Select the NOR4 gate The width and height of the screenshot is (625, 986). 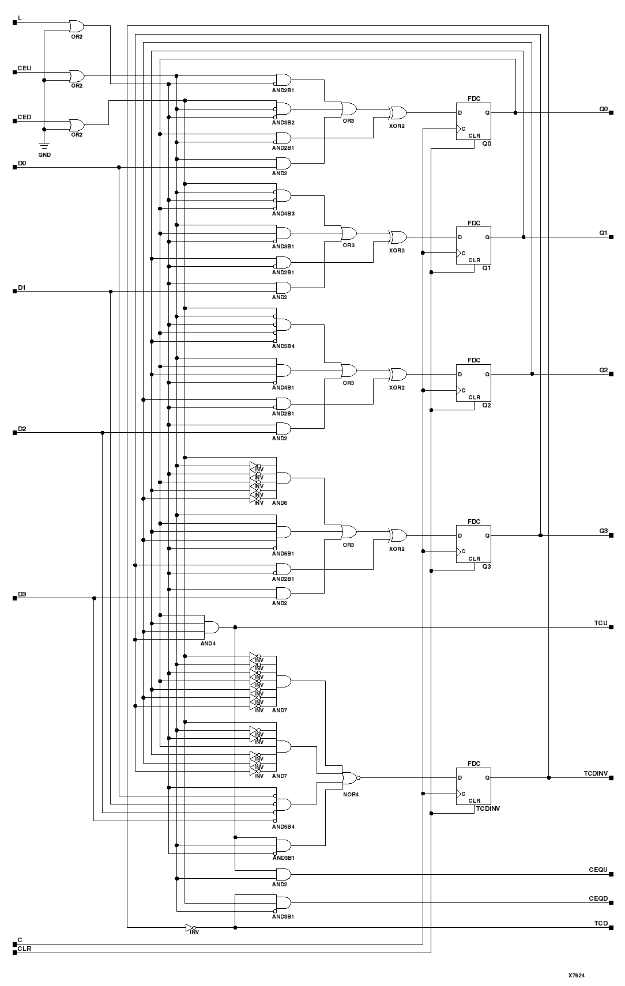pyautogui.click(x=349, y=777)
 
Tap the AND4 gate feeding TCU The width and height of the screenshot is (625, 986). pyautogui.click(x=211, y=626)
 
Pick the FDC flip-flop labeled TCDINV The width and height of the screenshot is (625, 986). pyautogui.click(x=473, y=786)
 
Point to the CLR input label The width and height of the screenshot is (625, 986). pyautogui.click(x=24, y=948)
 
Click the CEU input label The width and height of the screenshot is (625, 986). pyautogui.click(x=24, y=68)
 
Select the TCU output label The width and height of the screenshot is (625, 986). pyautogui.click(x=601, y=623)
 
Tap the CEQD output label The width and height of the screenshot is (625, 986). pyautogui.click(x=598, y=898)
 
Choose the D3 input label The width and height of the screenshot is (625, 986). pyautogui.click(x=22, y=594)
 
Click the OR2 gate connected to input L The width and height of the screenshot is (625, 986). pyautogui.click(x=76, y=26)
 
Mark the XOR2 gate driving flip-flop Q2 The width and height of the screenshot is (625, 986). pyautogui.click(x=397, y=375)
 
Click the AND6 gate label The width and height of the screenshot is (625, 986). pyautogui.click(x=279, y=503)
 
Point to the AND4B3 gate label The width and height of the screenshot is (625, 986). pyautogui.click(x=283, y=213)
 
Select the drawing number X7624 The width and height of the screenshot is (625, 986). pyautogui.click(x=577, y=975)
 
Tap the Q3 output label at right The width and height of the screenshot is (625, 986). pyautogui.click(x=603, y=531)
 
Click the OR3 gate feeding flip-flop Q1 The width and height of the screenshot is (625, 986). pyautogui.click(x=349, y=233)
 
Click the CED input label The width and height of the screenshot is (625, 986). pyautogui.click(x=24, y=117)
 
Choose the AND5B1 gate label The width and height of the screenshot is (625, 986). pyautogui.click(x=283, y=553)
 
